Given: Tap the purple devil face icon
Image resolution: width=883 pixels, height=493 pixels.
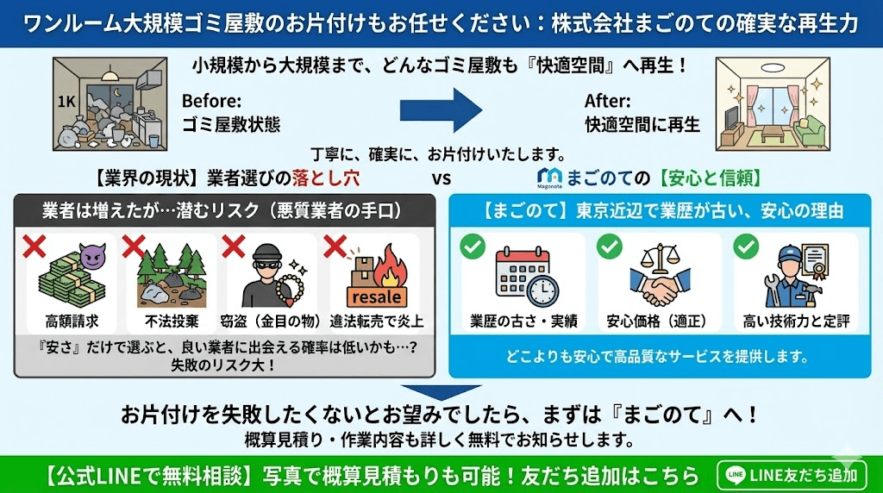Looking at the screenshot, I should (x=91, y=254).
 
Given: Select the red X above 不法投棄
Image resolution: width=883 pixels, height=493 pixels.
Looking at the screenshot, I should (x=134, y=246).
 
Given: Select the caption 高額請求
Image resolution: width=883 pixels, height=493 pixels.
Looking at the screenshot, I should (x=71, y=322).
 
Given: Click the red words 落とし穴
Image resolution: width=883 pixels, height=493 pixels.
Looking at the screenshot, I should (x=324, y=179).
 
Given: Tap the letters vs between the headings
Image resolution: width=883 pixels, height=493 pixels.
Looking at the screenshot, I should (x=442, y=179).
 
